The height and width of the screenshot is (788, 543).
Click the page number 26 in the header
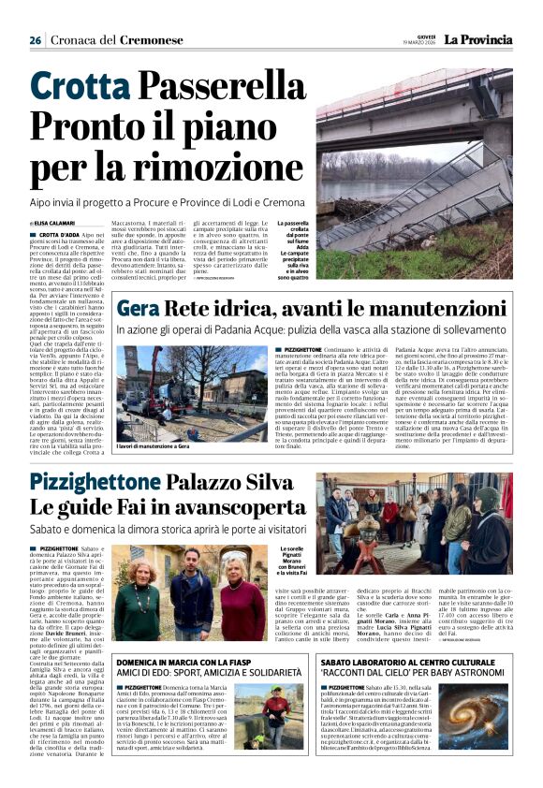(x=35, y=41)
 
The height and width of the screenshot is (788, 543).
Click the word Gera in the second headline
(x=138, y=310)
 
